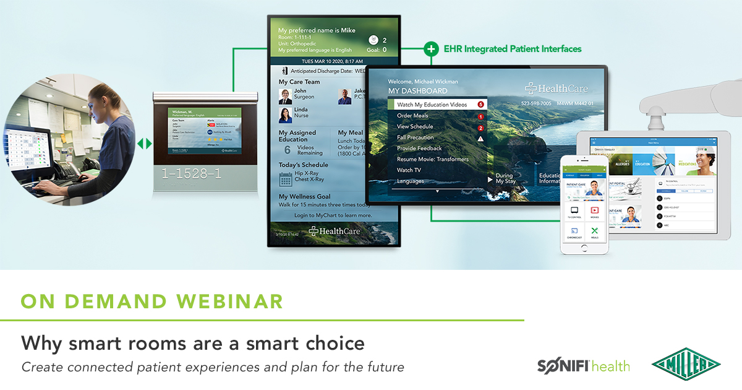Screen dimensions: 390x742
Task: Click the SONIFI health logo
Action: (583, 365)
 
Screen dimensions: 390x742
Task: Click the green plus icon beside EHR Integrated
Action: (431, 48)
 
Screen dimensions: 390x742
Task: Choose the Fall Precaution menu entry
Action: (415, 137)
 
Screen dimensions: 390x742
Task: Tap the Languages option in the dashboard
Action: (410, 181)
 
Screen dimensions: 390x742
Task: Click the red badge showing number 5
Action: (480, 105)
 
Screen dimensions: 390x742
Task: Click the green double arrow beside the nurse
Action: (144, 144)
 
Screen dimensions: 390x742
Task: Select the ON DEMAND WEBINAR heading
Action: (152, 301)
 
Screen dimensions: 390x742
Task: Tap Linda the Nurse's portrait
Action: (285, 115)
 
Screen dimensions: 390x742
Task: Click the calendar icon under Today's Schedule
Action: (285, 180)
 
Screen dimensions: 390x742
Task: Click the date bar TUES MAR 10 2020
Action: (332, 61)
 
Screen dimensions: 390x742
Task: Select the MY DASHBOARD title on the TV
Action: (417, 91)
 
